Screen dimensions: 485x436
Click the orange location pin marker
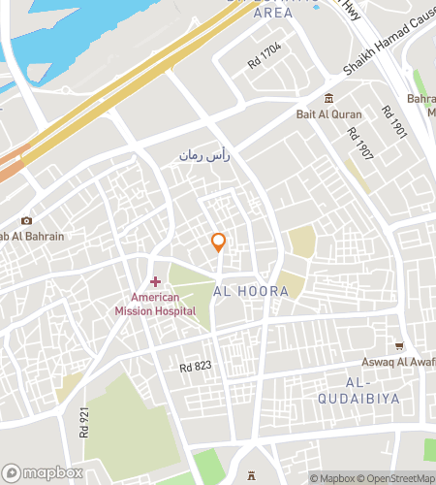click(x=219, y=242)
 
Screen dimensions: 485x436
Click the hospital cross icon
click(x=155, y=281)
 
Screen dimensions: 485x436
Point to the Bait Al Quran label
click(x=328, y=113)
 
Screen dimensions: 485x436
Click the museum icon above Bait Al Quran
click(x=329, y=98)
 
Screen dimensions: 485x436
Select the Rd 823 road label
click(x=195, y=367)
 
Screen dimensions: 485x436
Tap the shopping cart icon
click(x=399, y=345)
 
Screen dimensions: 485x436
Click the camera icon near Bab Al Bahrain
click(x=26, y=221)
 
